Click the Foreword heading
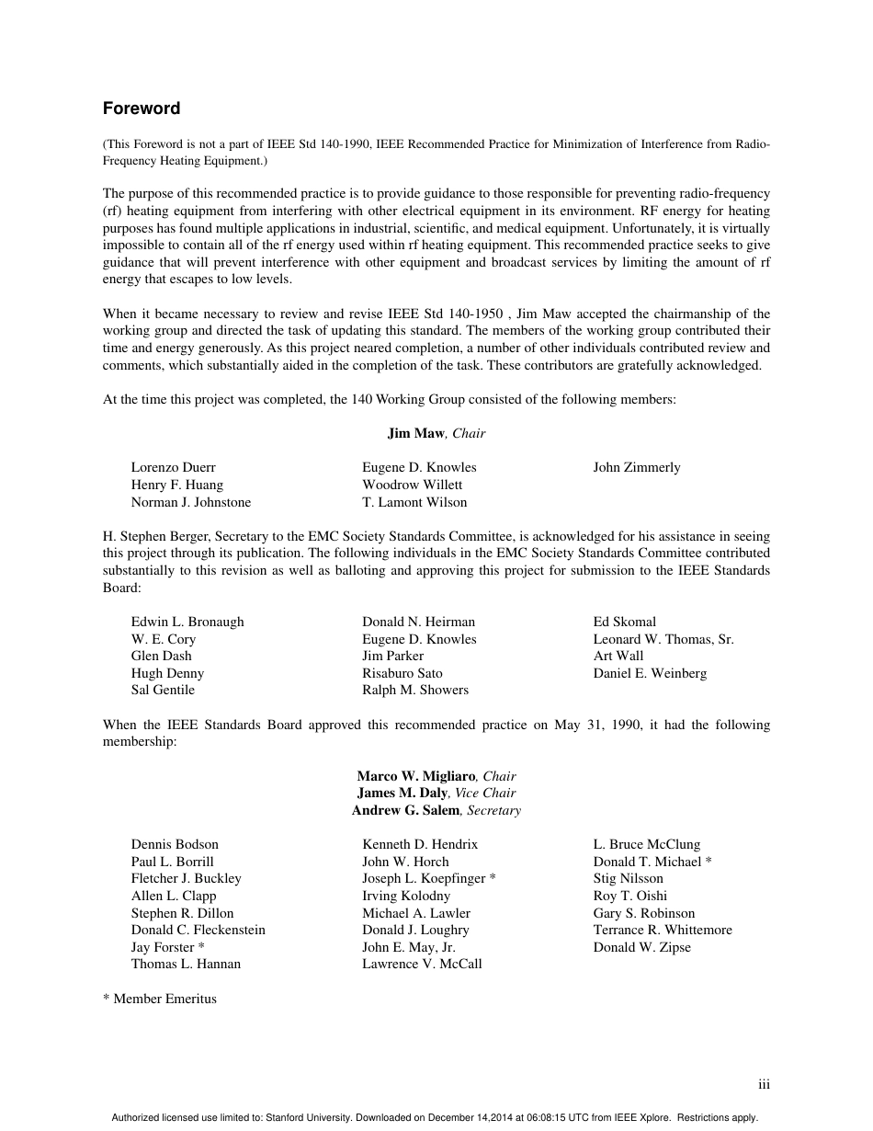pos(141,109)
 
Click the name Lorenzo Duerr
pos(173,467)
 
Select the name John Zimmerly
pos(636,467)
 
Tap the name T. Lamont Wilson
pos(414,502)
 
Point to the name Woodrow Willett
pos(412,485)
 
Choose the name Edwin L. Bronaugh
pos(187,622)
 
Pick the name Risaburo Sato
pos(402,673)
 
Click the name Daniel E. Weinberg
pos(650,673)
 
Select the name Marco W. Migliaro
pos(417,776)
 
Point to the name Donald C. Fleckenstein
pos(198,930)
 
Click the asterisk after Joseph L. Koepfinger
pos(493,878)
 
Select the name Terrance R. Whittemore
pos(663,930)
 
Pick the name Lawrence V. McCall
pos(422,964)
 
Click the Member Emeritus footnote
pos(160,999)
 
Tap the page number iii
pos(764,1085)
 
